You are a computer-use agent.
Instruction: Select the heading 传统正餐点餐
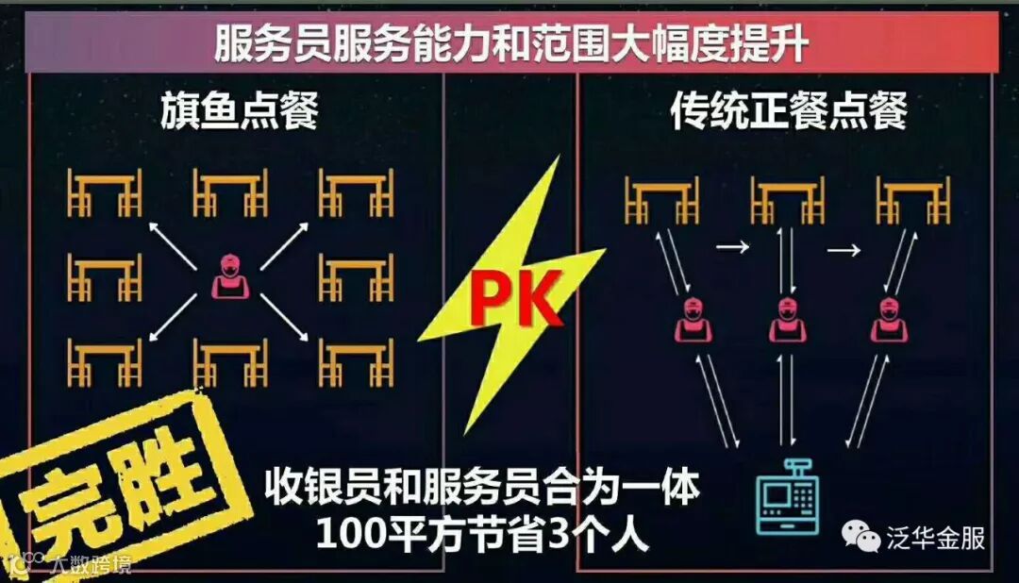click(789, 112)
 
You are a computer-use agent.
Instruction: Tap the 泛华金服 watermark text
click(935, 539)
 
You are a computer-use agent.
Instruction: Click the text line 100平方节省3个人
click(482, 536)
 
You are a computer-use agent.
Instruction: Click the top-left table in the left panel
click(104, 193)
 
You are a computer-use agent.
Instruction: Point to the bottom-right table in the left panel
click(356, 362)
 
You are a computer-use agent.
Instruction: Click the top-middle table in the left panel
click(230, 193)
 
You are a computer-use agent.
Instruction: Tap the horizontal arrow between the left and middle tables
click(732, 247)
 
